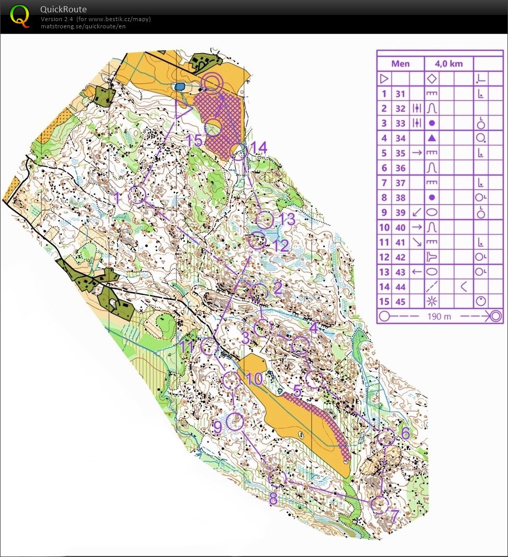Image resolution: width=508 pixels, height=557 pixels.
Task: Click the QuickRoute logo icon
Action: click(x=20, y=15)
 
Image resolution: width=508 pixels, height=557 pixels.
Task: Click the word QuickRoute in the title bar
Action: click(x=63, y=9)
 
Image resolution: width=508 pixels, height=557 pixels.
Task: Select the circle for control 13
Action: click(x=264, y=220)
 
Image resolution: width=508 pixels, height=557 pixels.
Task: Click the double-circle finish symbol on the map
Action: click(x=212, y=82)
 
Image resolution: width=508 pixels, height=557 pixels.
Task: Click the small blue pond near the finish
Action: click(x=180, y=87)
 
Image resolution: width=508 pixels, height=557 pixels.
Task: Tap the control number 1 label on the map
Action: click(x=117, y=197)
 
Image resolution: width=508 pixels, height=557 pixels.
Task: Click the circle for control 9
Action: click(x=235, y=421)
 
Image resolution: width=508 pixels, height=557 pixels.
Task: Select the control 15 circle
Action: click(x=213, y=127)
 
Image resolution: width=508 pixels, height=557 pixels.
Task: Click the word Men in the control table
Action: click(x=400, y=64)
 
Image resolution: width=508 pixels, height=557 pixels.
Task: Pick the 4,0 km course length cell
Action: click(x=448, y=64)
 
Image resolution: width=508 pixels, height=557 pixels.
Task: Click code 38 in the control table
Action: click(x=400, y=197)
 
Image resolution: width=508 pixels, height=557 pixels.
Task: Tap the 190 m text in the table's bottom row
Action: click(x=439, y=316)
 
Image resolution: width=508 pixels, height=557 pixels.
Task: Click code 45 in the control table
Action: click(x=400, y=301)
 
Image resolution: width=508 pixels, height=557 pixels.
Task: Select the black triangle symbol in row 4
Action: click(x=432, y=138)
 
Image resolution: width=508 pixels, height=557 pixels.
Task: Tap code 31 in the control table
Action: click(x=400, y=94)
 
